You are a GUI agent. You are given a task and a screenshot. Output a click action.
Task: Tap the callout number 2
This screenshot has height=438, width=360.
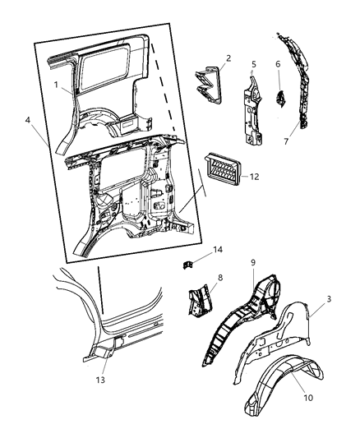[228, 58]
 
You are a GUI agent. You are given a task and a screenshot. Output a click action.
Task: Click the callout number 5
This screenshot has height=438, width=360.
[254, 64]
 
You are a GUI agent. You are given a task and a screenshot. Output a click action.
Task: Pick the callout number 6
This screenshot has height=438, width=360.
[278, 64]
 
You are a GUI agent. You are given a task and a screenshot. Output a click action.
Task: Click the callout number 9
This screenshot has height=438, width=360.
[253, 263]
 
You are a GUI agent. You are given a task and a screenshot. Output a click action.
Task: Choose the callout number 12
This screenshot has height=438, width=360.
[255, 176]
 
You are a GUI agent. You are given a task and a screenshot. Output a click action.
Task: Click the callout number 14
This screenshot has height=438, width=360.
[218, 249]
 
